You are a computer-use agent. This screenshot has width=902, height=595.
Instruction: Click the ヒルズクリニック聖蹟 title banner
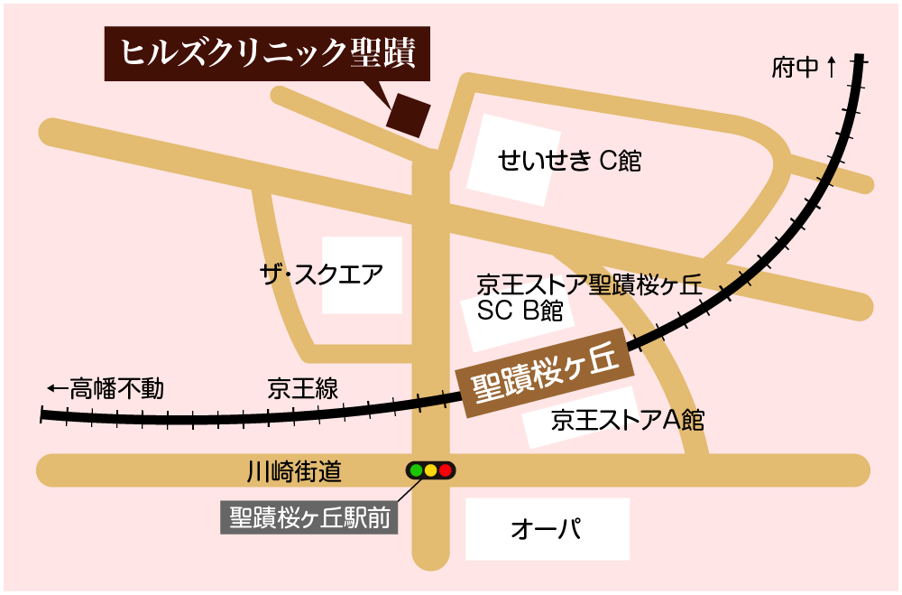pyautogui.click(x=267, y=54)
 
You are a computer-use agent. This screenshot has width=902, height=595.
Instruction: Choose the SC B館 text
pyautogui.click(x=520, y=311)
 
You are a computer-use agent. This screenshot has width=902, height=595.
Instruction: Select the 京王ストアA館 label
pyautogui.click(x=628, y=420)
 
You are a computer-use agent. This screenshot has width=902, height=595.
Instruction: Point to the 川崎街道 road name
pyautogui.click(x=294, y=470)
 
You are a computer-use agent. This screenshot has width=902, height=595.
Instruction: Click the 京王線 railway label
pyautogui.click(x=303, y=390)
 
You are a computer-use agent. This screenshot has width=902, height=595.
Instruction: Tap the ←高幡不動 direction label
pyautogui.click(x=106, y=389)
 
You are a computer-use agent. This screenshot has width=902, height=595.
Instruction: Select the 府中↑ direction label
pyautogui.click(x=805, y=67)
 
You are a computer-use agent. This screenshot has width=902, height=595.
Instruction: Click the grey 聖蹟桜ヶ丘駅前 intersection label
pyautogui.click(x=309, y=519)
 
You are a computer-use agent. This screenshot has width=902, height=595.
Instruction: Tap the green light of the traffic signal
pyautogui.click(x=417, y=470)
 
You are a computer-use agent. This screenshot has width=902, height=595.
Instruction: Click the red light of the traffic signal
pyautogui.click(x=446, y=470)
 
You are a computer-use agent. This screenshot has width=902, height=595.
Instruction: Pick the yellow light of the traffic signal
pyautogui.click(x=431, y=470)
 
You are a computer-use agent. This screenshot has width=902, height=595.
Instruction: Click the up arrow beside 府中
pyautogui.click(x=831, y=66)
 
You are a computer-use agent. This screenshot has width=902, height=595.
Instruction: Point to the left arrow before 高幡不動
pyautogui.click(x=58, y=389)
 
